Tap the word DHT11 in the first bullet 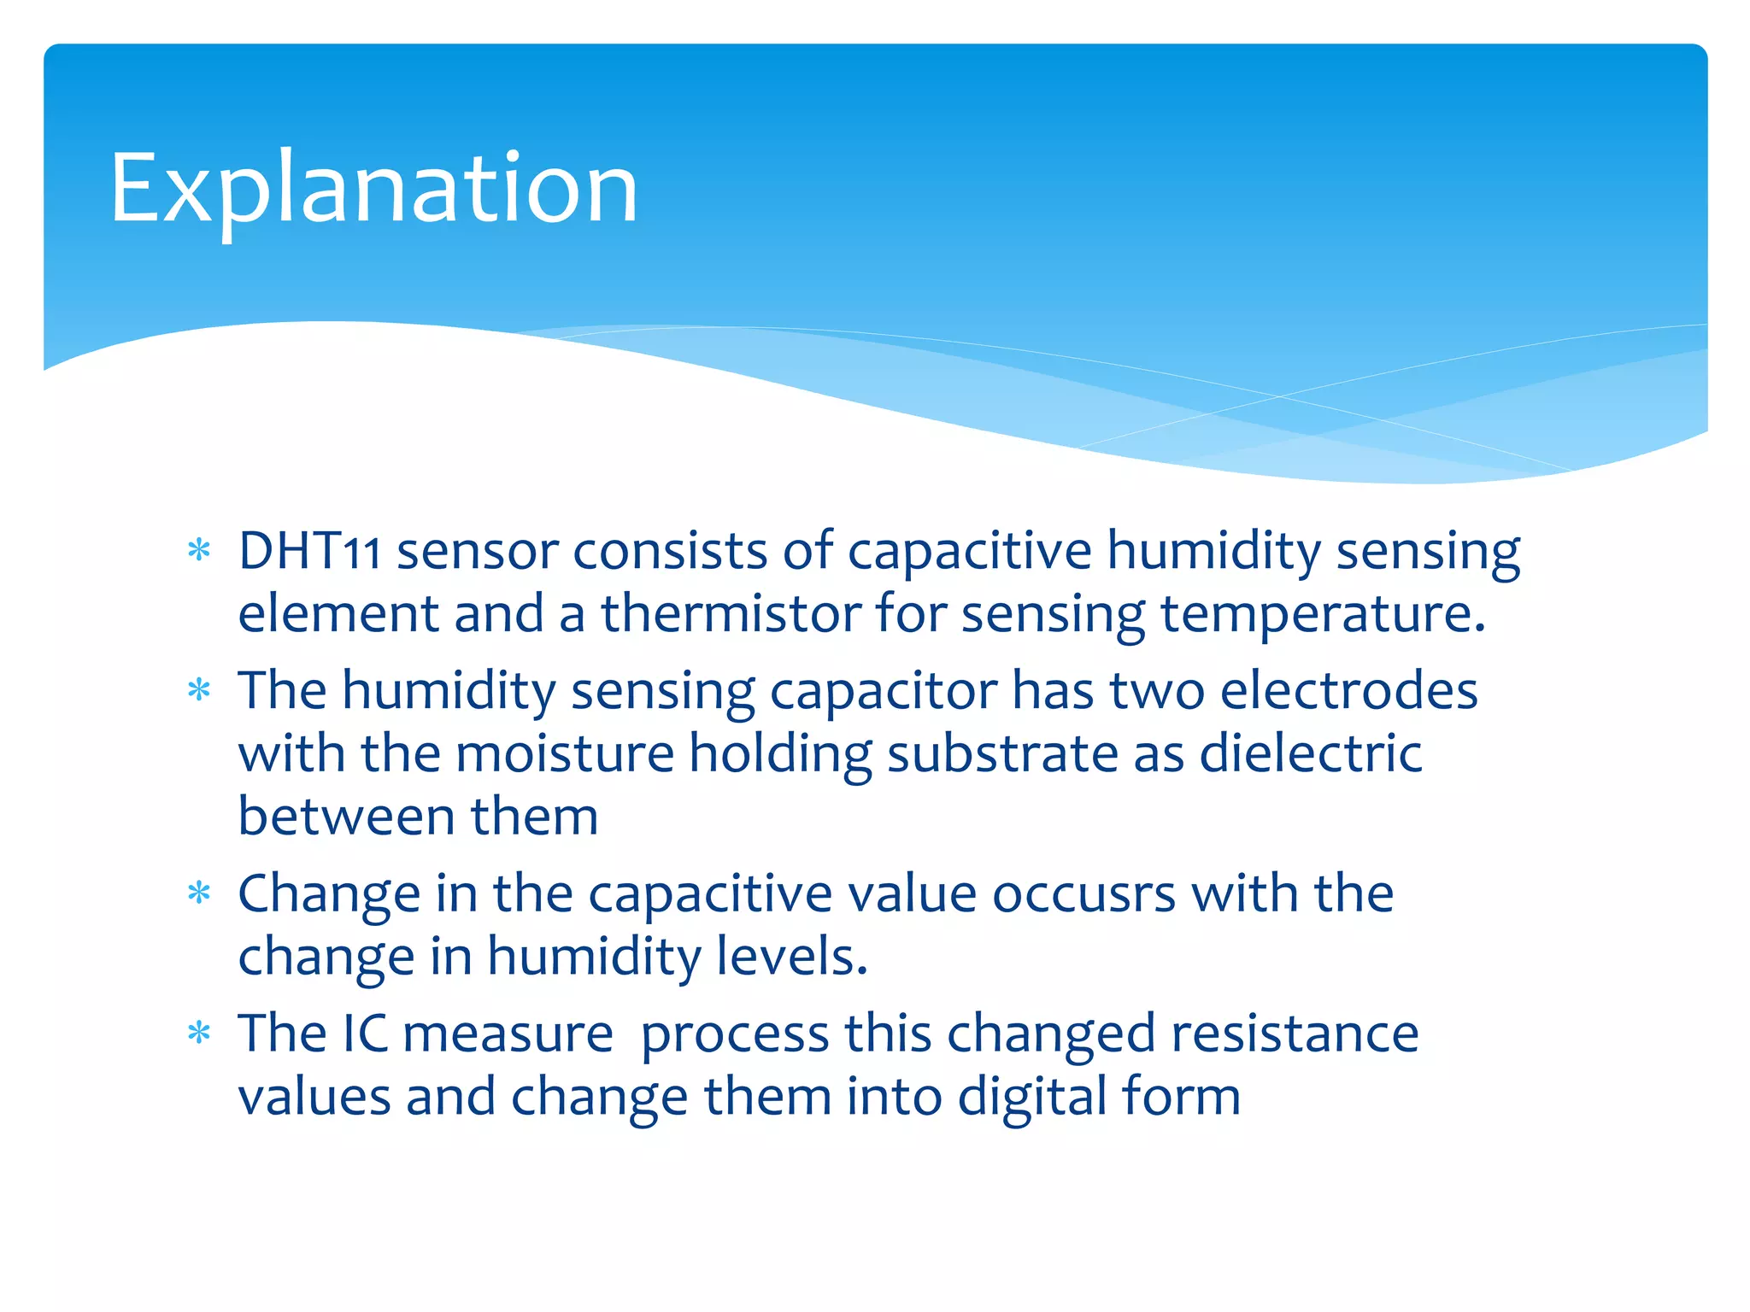point(309,551)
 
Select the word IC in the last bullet point(365,1034)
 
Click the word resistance point(1295,1034)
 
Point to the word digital point(1031,1097)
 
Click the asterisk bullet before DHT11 point(199,551)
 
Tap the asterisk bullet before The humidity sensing point(199,690)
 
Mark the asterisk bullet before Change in point(199,894)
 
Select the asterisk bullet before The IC point(199,1034)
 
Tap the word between point(346,817)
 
